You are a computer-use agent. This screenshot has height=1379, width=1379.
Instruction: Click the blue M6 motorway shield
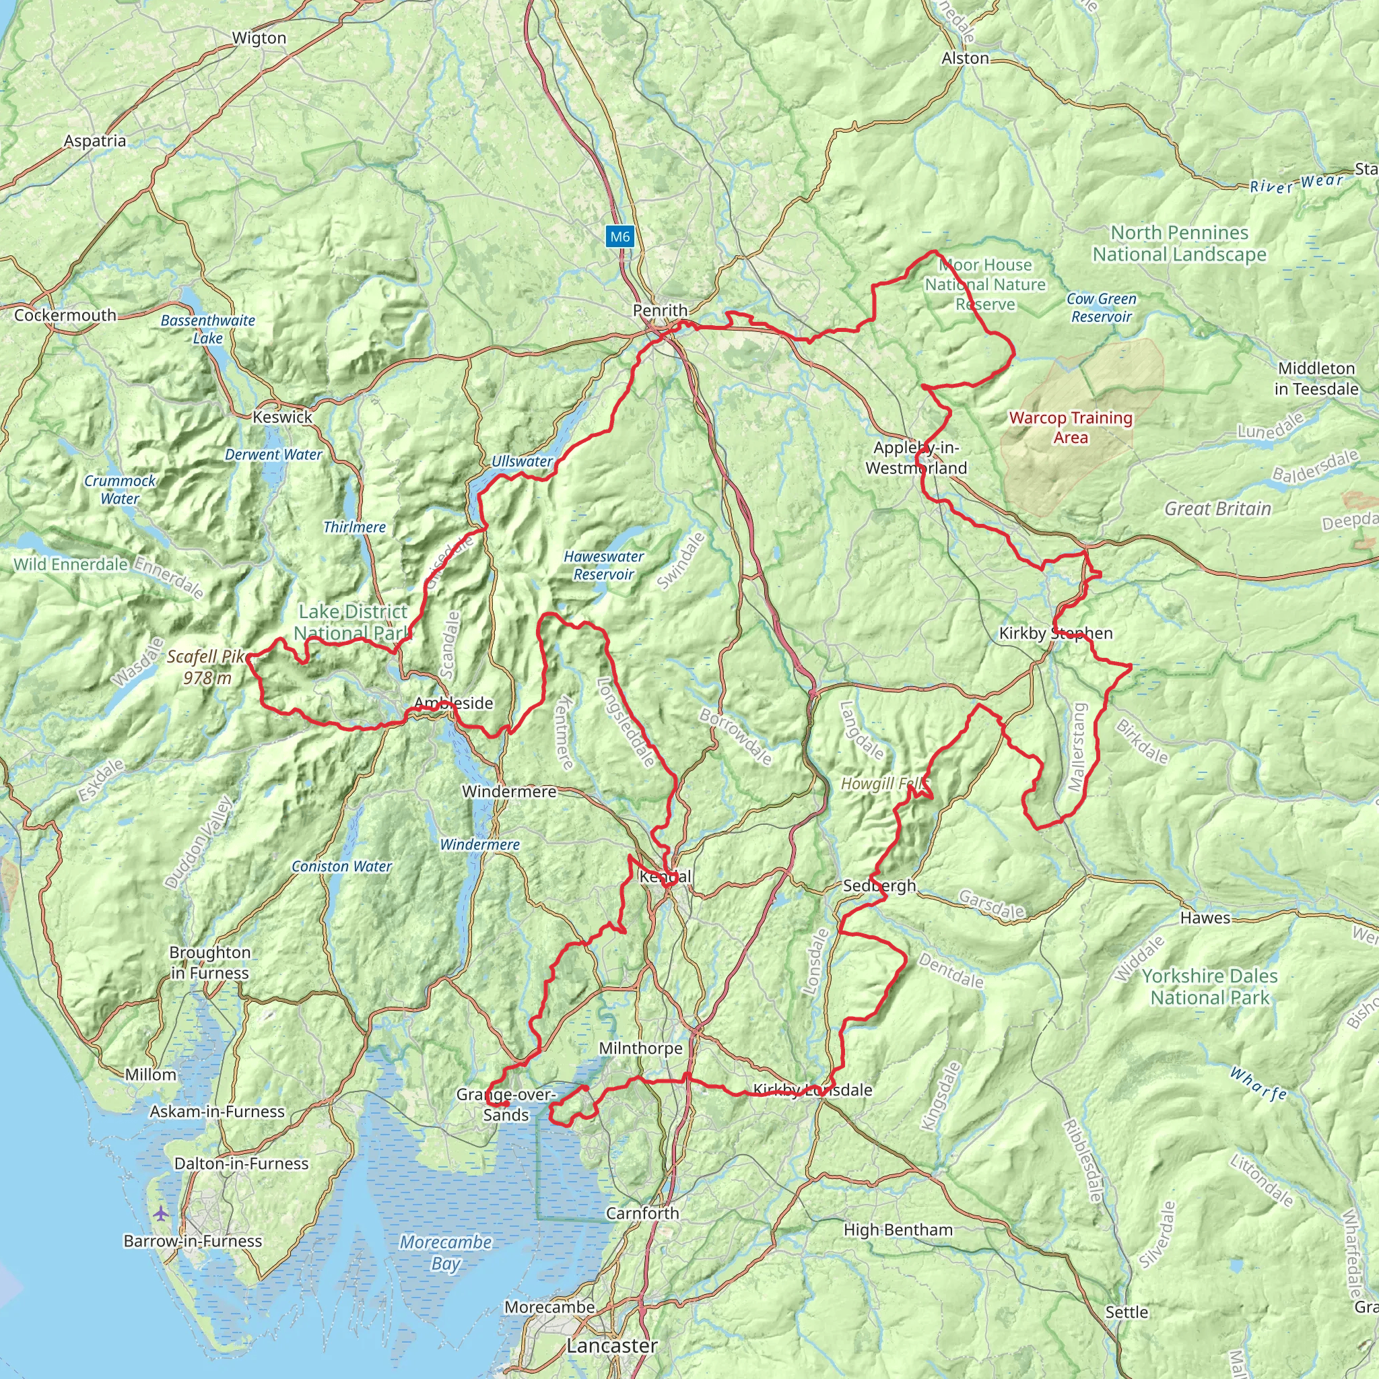click(619, 237)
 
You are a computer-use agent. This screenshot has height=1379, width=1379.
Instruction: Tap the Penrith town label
click(661, 310)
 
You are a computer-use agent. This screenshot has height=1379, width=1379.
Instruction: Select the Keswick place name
click(283, 417)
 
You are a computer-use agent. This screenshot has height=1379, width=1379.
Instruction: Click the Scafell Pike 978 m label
click(206, 667)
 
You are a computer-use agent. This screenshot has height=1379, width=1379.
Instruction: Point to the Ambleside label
click(453, 703)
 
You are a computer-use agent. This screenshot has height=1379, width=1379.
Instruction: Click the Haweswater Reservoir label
click(604, 566)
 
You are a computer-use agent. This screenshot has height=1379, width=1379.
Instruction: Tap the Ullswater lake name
click(522, 462)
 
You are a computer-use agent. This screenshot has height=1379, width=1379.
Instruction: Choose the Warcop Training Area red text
click(1071, 428)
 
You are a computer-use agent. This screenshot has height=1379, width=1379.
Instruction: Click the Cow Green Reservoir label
click(1102, 308)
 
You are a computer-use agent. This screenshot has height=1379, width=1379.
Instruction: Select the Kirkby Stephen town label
click(1056, 633)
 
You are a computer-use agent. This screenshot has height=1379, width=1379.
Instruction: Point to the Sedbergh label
click(879, 886)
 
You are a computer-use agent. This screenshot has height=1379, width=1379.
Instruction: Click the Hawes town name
click(1205, 918)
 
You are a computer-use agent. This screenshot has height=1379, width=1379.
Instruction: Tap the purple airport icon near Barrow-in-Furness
click(162, 1213)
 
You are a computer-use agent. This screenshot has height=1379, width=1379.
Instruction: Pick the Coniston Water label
click(341, 867)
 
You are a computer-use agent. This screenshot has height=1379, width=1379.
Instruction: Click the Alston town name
click(965, 59)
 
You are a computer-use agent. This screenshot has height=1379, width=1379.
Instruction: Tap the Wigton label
click(259, 38)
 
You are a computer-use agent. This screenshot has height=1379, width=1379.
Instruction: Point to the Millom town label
click(150, 1075)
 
